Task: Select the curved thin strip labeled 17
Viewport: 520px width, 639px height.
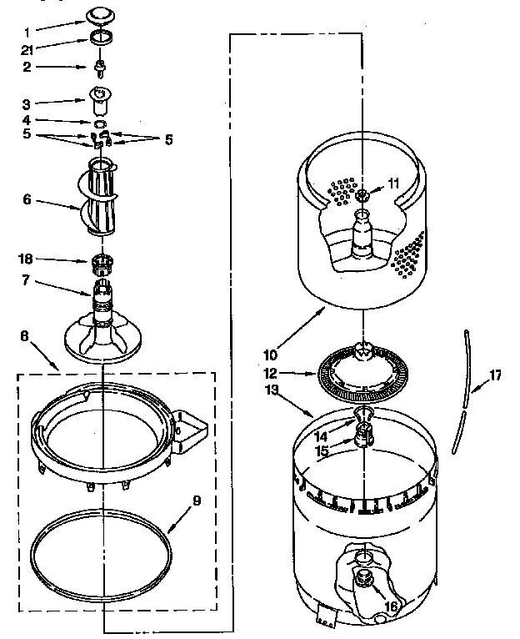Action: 461,392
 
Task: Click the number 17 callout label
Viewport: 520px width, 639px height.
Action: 494,375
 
